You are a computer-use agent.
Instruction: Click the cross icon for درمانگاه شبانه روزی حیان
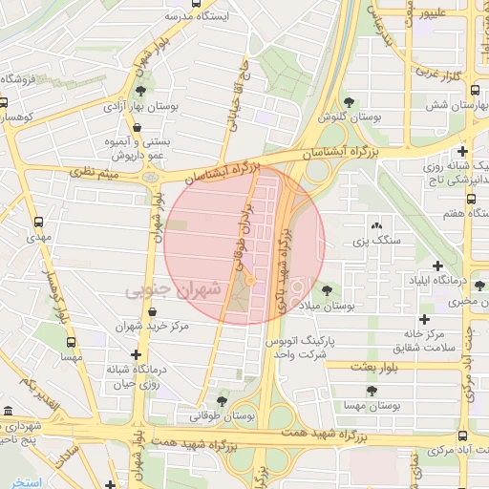coord(137,354)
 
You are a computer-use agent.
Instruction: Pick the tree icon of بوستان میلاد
coord(328,289)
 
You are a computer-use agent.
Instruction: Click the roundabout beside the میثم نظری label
coord(150,177)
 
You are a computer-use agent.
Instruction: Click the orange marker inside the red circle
coord(250,280)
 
